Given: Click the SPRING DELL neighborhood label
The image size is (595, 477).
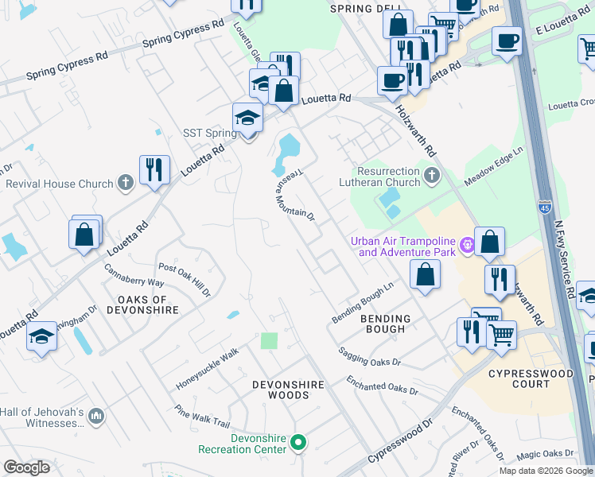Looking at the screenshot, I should click(x=361, y=9).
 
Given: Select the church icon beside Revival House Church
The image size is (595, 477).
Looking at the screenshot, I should click(x=125, y=184).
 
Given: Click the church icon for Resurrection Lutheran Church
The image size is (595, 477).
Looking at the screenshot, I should click(x=431, y=175).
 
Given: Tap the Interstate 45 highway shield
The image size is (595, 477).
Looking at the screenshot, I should click(x=544, y=204).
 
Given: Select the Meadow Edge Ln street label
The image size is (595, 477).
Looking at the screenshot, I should click(x=494, y=161).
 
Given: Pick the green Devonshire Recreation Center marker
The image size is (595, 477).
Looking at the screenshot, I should click(x=298, y=442).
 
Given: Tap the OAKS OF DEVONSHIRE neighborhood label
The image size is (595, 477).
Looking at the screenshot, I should click(x=142, y=305).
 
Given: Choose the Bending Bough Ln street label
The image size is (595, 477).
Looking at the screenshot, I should click(x=363, y=303).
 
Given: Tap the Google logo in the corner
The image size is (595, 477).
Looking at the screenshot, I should click(x=26, y=467).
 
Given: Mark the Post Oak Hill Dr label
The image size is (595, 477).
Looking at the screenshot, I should click(x=184, y=278).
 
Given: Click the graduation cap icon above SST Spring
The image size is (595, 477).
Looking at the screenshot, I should click(x=247, y=117).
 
